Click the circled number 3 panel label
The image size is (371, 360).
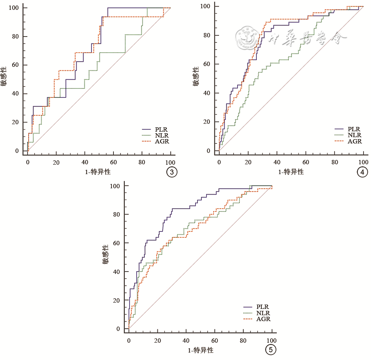tap(171, 172)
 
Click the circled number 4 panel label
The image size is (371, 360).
tap(363, 172)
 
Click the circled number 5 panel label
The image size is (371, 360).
tap(270, 349)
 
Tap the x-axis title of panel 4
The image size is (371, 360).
tap(291, 172)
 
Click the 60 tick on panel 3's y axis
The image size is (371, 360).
tap(16, 65)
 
